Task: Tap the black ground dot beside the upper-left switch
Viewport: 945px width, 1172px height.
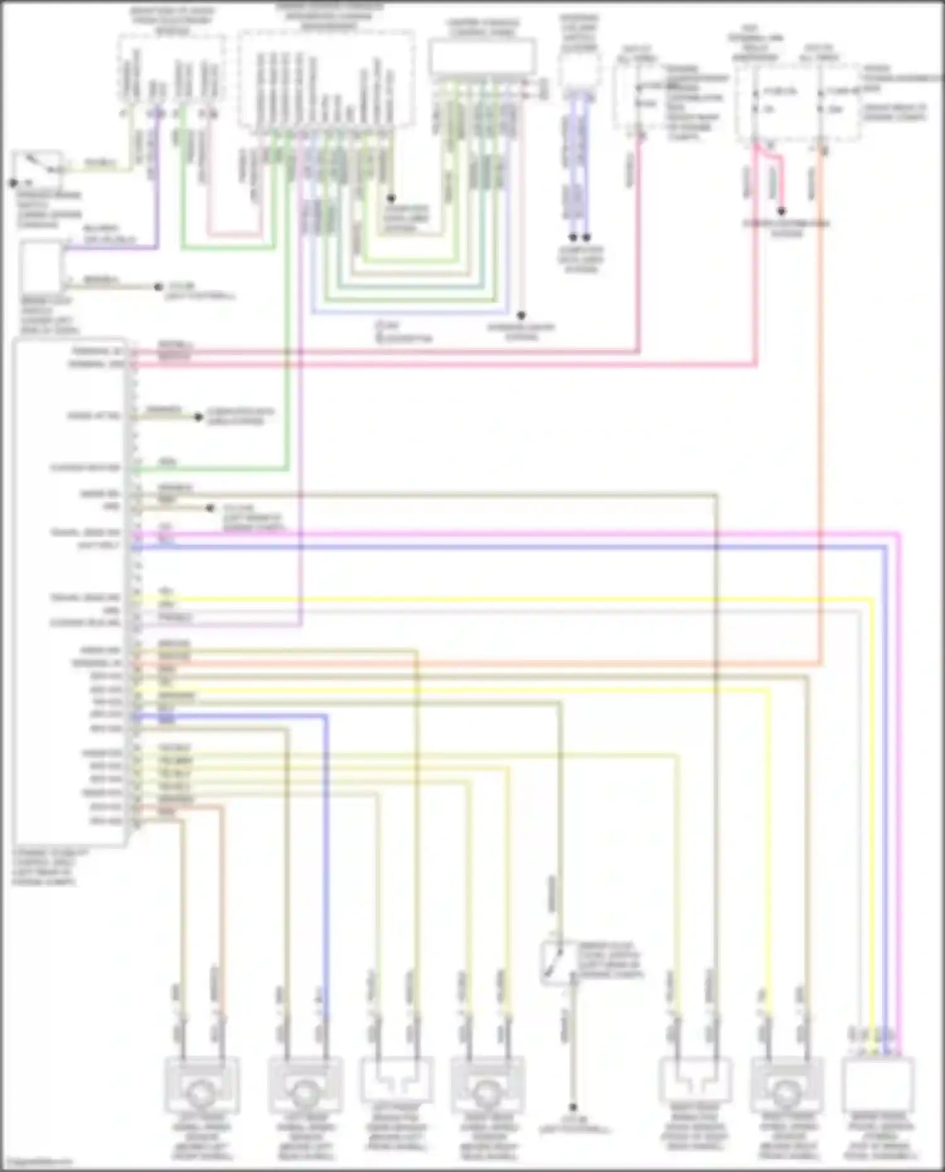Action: [x=13, y=183]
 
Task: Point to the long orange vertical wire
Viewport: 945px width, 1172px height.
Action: [x=822, y=409]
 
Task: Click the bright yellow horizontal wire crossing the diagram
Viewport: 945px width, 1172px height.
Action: [x=504, y=599]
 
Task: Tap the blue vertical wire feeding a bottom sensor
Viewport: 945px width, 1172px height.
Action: [x=326, y=882]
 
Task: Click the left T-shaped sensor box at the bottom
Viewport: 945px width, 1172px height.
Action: [x=396, y=1083]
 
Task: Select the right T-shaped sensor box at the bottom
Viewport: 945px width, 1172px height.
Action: [x=694, y=1083]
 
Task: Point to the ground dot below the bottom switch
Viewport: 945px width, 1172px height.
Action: [x=573, y=1107]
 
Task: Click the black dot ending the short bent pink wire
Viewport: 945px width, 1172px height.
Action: [x=781, y=212]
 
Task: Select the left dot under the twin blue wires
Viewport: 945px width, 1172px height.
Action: [x=573, y=237]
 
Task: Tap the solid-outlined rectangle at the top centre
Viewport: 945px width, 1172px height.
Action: [x=483, y=57]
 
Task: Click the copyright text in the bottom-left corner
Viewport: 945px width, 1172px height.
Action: [x=36, y=1163]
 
